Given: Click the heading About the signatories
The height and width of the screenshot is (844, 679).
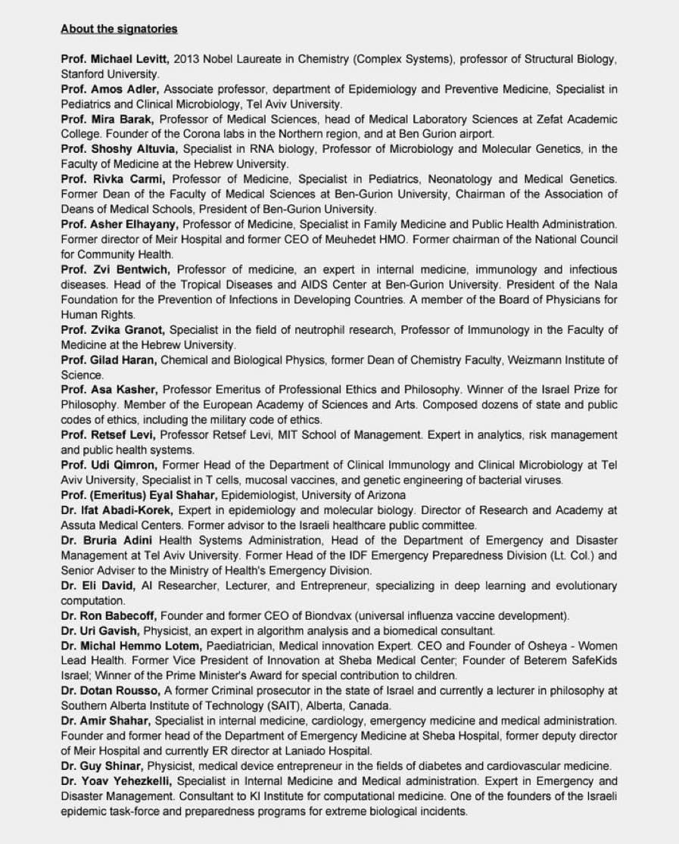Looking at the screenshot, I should [x=119, y=29].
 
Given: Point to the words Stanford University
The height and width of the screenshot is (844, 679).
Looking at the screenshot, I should [x=110, y=74].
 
